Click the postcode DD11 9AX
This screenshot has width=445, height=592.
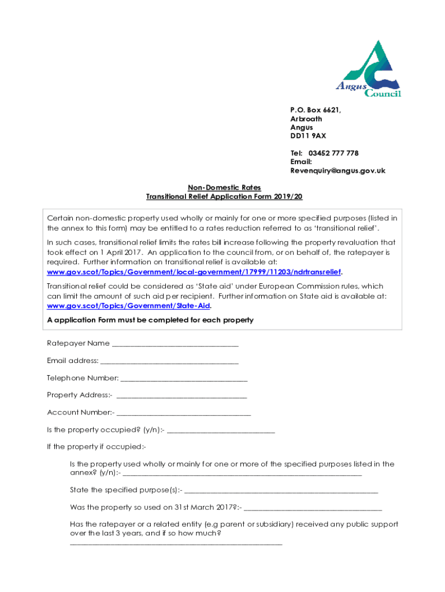coord(308,136)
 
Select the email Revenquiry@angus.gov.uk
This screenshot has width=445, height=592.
coord(338,171)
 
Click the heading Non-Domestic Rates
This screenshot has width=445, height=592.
coord(224,187)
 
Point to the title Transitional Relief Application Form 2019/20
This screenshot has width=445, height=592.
coord(224,197)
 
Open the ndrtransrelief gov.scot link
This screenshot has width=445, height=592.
coord(194,271)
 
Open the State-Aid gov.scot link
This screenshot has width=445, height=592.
coord(128,305)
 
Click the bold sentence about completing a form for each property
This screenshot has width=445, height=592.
coord(150,320)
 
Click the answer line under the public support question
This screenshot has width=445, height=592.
coord(176,543)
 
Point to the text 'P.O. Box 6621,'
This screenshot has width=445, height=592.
coord(316,110)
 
